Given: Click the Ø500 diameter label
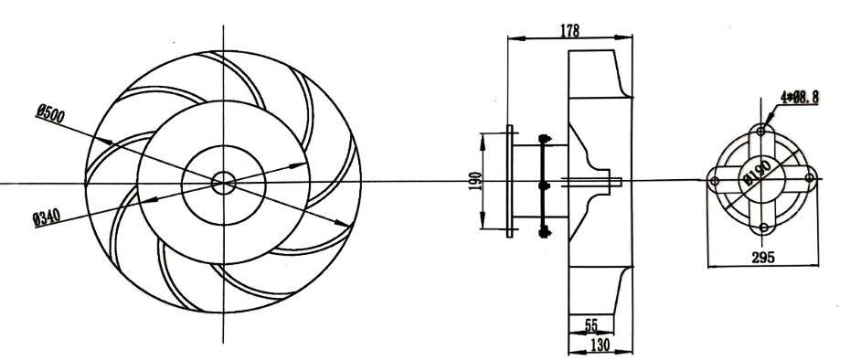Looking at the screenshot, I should pos(49,113).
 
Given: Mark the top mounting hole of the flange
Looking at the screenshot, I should pos(761,132).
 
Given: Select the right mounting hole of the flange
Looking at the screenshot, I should pos(808,181).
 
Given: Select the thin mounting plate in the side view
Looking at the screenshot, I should pos(510,182).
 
